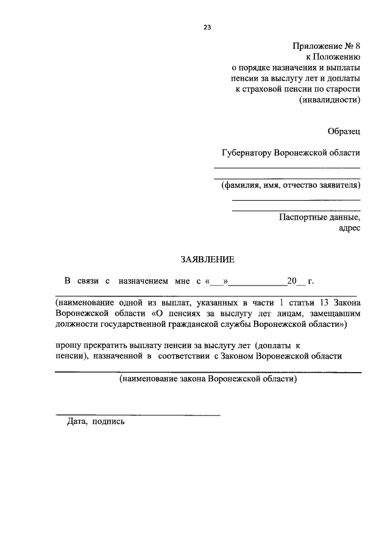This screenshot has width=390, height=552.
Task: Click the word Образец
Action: click(x=344, y=131)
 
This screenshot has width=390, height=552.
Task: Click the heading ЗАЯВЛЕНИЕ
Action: click(x=207, y=259)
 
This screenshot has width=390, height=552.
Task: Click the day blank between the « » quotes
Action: click(x=217, y=282)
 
